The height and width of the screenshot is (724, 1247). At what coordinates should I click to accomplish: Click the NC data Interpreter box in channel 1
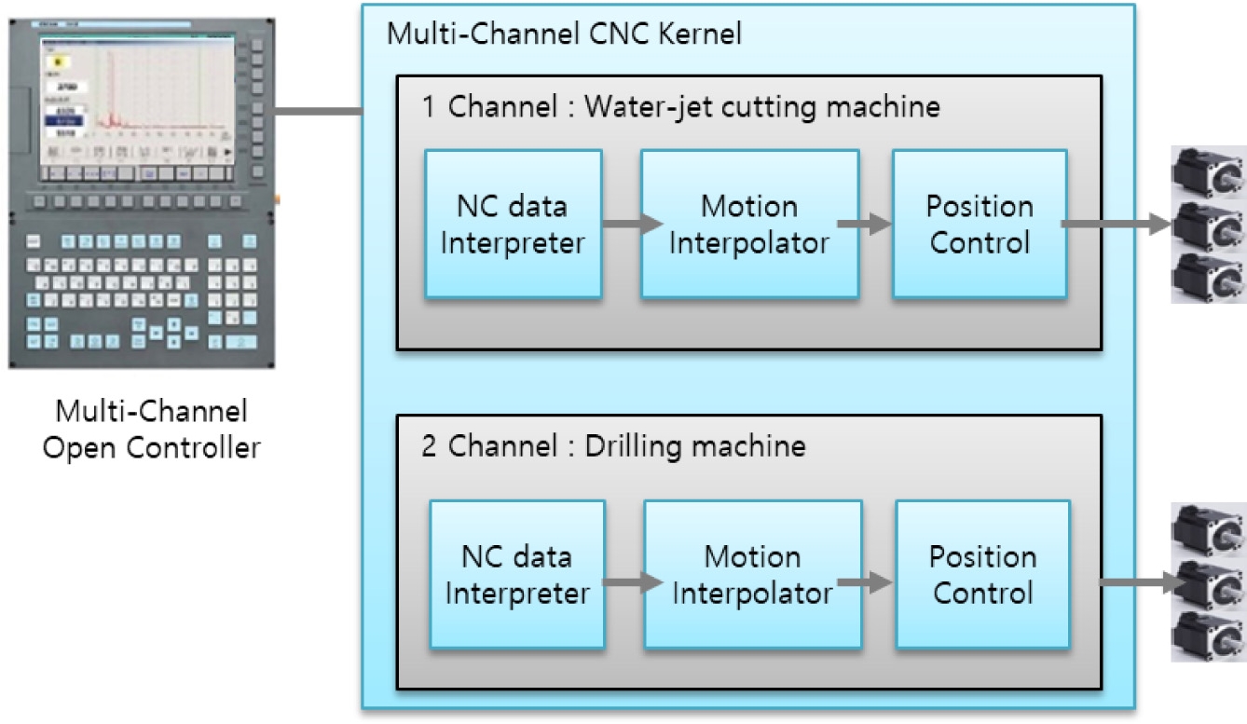pos(513,224)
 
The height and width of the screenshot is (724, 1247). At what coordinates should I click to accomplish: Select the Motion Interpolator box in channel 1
pos(749,224)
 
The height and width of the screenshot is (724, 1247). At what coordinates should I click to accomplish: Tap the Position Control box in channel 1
pos(980,224)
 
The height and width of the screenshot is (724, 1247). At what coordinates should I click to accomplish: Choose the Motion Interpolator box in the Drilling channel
pos(752,574)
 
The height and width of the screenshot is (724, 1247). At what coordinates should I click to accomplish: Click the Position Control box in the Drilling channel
pos(982,574)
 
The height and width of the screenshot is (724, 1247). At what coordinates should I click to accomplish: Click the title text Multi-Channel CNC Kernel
pos(564,34)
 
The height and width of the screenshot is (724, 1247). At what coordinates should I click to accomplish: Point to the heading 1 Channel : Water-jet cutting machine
pos(680,107)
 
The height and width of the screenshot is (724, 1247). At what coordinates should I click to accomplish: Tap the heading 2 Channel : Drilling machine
pos(613,446)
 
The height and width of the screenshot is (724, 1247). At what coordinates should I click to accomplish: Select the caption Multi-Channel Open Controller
pos(154,429)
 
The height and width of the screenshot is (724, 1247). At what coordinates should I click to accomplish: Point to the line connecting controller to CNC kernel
pos(317,113)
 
